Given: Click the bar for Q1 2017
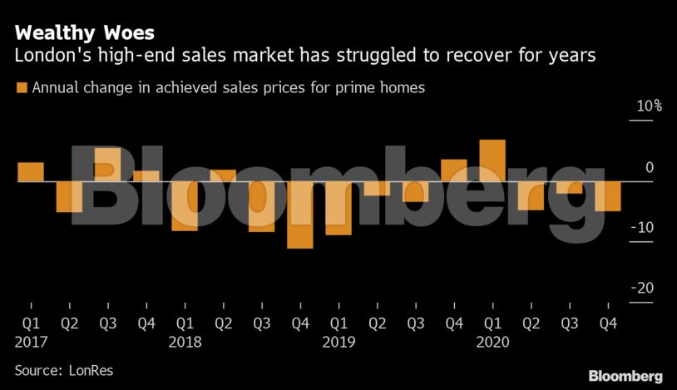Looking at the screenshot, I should point(30,171).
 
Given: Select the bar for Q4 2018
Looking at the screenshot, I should point(299,215).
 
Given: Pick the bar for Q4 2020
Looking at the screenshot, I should point(608,195).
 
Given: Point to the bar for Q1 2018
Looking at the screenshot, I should point(185,205).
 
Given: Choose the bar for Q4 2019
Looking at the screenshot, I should point(453,170).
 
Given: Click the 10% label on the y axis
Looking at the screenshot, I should point(650,106).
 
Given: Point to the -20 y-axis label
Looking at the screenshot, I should point(645,289).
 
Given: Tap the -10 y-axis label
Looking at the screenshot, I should point(645,228).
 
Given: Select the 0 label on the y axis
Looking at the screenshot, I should point(649,167).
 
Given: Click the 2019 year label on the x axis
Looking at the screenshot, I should point(339,342).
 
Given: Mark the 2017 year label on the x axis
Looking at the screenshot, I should point(31,342).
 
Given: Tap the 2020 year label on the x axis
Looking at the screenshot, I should point(493,342).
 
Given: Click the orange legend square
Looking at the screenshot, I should point(22,87).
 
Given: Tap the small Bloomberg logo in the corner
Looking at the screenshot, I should point(625,376).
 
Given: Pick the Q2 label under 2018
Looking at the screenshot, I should point(224,323).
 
